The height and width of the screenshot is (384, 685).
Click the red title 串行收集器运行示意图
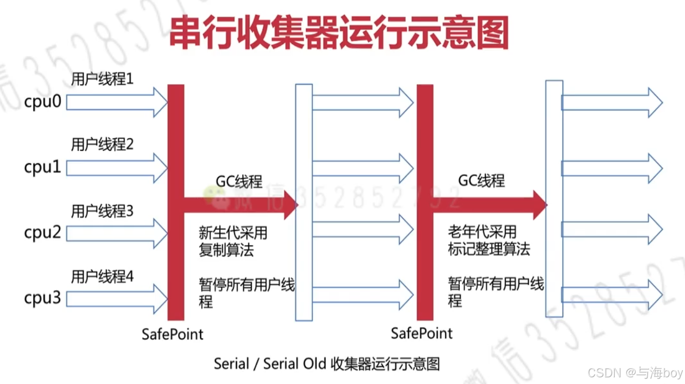point(339,33)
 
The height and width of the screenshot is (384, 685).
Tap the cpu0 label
point(43,102)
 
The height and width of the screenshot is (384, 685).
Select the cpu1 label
point(43,167)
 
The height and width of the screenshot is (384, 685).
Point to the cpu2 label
point(43,233)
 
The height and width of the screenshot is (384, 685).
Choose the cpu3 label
point(43,298)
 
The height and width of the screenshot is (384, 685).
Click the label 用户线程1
point(102,79)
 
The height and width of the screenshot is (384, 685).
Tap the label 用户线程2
point(102,145)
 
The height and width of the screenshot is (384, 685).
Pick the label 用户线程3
point(102,210)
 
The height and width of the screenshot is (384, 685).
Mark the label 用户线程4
point(102,276)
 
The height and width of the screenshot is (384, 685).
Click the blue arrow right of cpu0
point(116,102)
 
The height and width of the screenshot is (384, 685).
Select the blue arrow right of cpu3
point(116,298)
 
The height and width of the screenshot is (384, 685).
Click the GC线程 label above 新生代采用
point(239,181)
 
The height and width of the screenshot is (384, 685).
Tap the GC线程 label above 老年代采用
point(481,180)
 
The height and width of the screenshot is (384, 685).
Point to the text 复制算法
point(226,250)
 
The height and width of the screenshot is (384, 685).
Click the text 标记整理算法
point(488,249)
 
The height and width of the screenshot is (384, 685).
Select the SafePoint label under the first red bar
point(172,334)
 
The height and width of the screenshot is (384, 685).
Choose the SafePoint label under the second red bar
point(422,333)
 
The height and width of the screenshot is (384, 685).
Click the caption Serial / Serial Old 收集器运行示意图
point(327,363)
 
